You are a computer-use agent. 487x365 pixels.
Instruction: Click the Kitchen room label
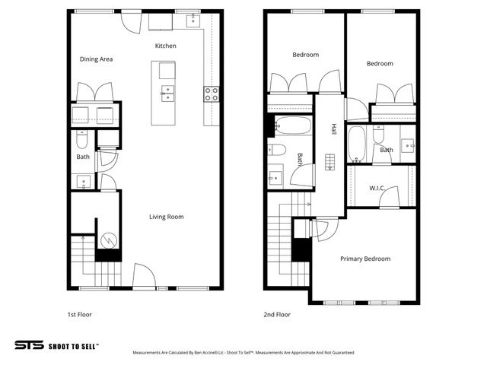pos(165,46)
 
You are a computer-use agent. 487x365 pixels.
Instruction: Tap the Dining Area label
pos(97,59)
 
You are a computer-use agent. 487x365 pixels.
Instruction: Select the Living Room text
pos(166,217)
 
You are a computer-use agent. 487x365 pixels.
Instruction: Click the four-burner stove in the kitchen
pos(212,94)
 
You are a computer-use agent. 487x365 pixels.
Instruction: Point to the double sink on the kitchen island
pos(167,93)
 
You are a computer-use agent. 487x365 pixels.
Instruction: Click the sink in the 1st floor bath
pos(82,181)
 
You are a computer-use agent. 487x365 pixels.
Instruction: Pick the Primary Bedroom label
pos(365,259)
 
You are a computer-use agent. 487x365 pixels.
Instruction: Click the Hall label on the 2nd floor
pos(333,130)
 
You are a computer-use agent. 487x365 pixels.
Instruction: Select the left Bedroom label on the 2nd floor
pos(305,55)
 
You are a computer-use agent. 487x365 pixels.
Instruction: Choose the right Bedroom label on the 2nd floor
pos(380,64)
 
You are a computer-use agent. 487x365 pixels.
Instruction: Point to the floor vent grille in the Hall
pos(329,163)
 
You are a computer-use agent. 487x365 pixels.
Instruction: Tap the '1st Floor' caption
pos(79,313)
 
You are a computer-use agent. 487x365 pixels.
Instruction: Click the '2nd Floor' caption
pos(277,313)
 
